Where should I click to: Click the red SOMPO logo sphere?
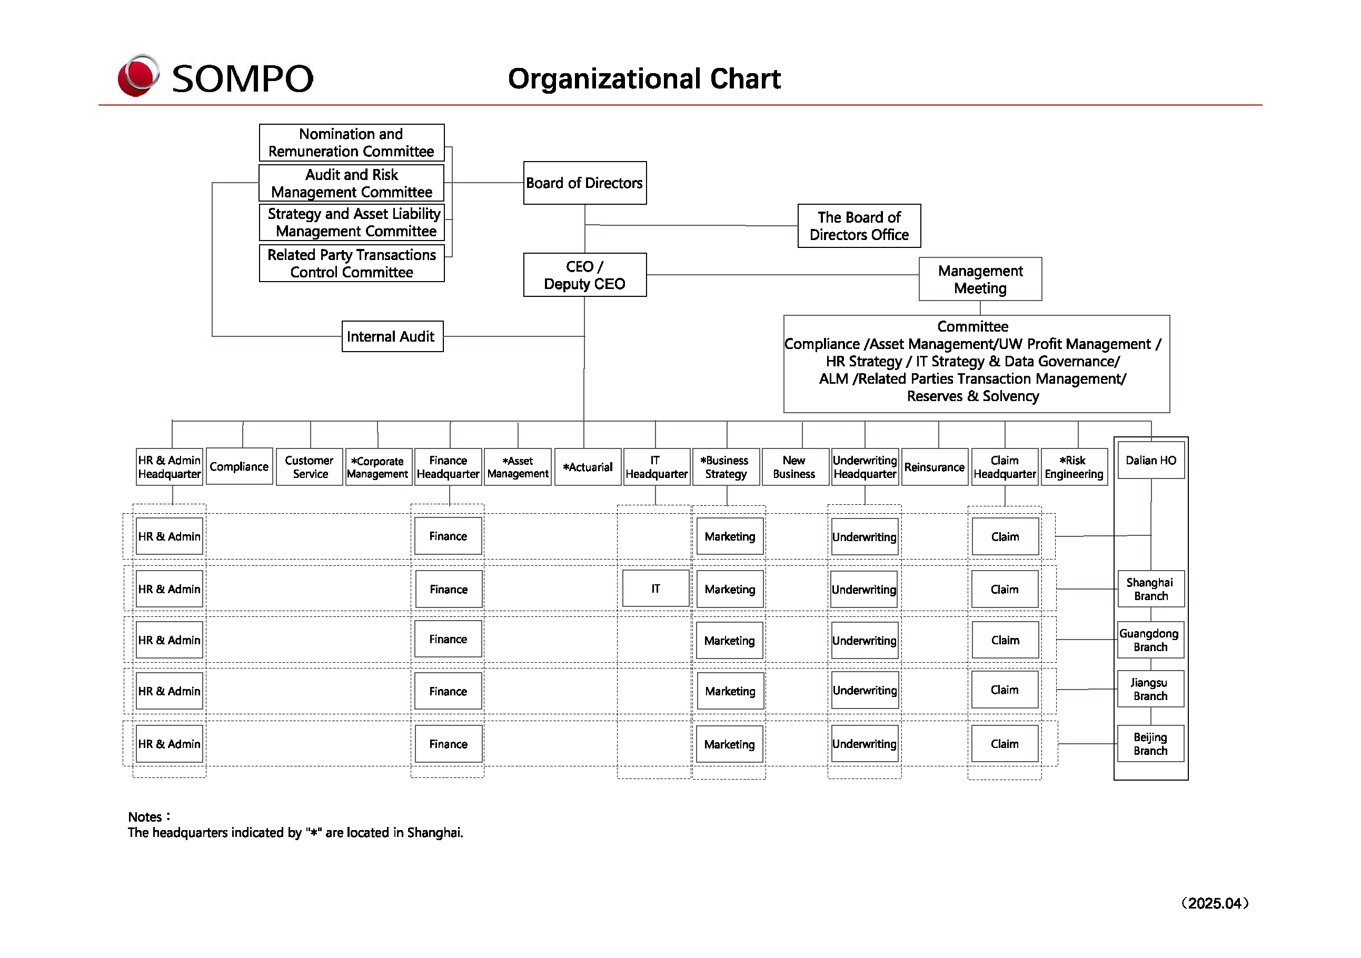[138, 76]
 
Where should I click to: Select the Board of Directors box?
[584, 183]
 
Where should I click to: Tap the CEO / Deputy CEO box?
[584, 275]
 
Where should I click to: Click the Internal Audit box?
[392, 336]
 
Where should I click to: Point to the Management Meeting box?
[980, 279]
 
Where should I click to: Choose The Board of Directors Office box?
[859, 226]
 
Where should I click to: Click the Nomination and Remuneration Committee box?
[352, 143]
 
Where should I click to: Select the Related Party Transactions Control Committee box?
[352, 264]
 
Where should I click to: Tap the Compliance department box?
[239, 467]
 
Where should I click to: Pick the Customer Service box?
[310, 467]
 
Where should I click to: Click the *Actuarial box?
[588, 467]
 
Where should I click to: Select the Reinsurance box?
[934, 467]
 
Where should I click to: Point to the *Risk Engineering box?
[1074, 467]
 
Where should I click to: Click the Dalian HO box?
[1150, 461]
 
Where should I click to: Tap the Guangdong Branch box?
[1150, 640]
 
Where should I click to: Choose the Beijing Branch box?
[1150, 744]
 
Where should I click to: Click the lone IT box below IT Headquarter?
[655, 588]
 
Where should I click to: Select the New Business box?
[794, 467]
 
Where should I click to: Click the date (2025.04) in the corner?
[1215, 903]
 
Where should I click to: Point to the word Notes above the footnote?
[146, 817]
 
